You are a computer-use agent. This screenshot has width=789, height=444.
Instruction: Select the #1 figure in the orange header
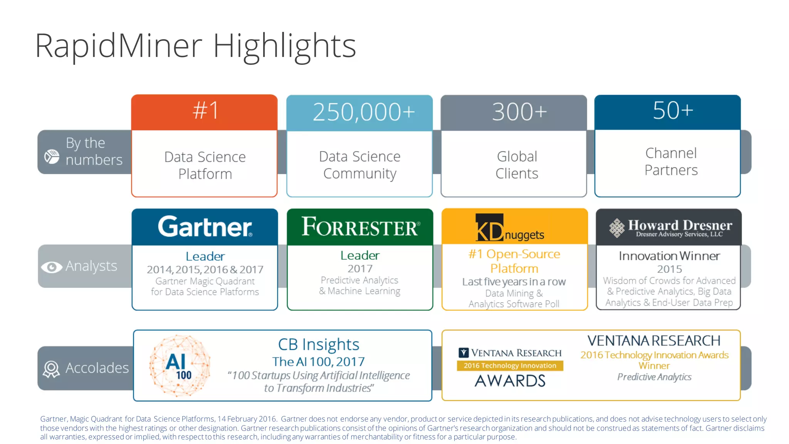(206, 111)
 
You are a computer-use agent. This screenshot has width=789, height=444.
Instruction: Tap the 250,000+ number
(363, 112)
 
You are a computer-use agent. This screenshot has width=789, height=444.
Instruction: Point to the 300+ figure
(519, 112)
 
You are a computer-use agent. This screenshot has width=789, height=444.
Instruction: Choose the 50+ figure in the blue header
(673, 111)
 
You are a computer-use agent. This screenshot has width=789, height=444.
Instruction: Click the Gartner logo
(205, 227)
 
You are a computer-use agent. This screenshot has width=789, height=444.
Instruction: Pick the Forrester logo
(360, 227)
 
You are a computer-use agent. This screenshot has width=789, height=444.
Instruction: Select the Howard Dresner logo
(670, 228)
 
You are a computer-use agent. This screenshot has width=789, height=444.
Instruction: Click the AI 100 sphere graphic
(180, 365)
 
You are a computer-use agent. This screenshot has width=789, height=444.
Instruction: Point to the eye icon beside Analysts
(51, 267)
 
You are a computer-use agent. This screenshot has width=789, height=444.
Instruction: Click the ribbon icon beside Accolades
(51, 369)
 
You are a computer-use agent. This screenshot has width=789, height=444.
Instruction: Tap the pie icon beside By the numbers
(52, 156)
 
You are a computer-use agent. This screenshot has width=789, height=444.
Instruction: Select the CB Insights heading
(319, 344)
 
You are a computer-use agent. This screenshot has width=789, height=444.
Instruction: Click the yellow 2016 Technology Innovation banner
(510, 365)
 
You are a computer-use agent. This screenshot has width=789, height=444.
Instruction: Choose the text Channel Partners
(671, 161)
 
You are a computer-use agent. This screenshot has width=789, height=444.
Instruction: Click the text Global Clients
(517, 165)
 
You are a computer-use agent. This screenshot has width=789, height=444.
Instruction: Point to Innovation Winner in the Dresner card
(669, 256)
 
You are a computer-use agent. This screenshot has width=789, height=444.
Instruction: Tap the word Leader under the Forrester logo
(360, 255)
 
